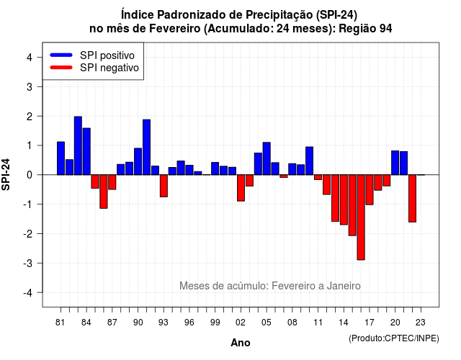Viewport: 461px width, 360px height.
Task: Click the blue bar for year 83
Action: coord(78,145)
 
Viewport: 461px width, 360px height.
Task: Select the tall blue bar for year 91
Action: coord(146,147)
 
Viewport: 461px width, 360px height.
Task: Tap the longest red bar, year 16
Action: coord(361,217)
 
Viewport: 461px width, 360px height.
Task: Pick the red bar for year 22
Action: coord(412,199)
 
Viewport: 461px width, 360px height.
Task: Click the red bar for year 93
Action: coord(164,186)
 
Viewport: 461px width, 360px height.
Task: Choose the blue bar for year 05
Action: coord(267,158)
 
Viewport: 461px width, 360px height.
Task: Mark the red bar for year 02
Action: coord(241,188)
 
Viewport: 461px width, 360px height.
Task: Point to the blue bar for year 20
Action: coord(395,163)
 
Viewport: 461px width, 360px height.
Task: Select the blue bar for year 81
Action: coord(61,158)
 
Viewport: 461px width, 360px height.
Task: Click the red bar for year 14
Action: coord(344,199)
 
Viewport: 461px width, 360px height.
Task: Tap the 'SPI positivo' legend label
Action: coord(107,55)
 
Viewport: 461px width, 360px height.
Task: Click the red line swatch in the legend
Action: coord(61,68)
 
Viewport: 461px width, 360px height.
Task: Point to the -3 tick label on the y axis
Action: coord(28,263)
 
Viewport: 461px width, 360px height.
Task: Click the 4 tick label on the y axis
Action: coord(30,57)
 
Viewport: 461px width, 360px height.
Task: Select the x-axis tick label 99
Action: coord(215,323)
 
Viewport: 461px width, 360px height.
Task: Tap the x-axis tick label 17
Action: coord(370,323)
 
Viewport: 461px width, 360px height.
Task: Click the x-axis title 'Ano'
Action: coord(241,343)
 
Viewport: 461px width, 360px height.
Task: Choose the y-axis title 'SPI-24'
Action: coord(6,174)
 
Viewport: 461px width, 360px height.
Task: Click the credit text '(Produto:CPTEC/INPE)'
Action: coord(394,338)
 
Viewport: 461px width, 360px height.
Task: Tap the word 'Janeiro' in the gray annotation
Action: coord(344,286)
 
